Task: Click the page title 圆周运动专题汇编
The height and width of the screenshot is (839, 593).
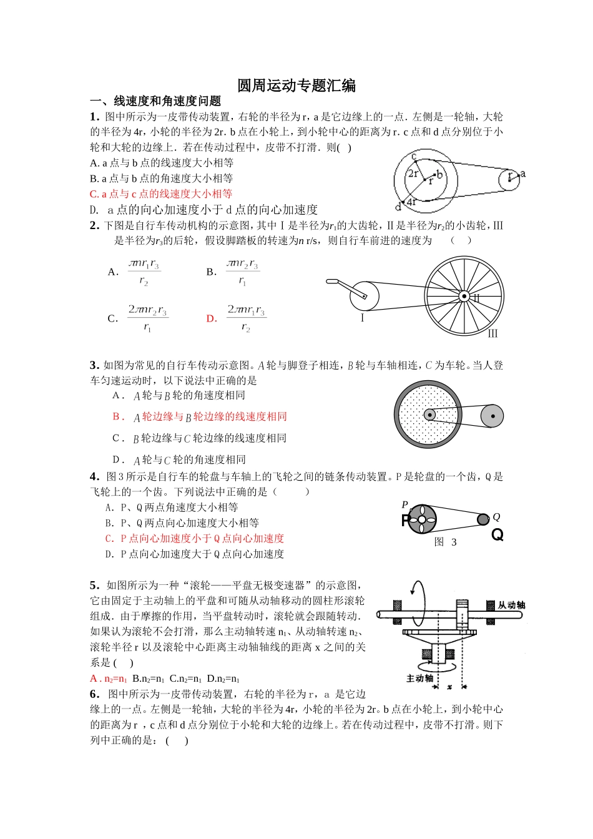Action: [x=296, y=86]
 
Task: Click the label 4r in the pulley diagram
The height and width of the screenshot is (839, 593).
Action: [x=411, y=202]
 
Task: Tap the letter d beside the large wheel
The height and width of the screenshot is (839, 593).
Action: [x=398, y=207]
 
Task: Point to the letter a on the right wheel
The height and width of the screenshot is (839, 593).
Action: [x=523, y=174]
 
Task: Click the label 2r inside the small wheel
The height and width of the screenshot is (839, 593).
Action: [x=413, y=174]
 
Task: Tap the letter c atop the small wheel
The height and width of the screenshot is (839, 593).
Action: [x=414, y=156]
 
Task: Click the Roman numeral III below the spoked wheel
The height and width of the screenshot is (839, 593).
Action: [x=493, y=334]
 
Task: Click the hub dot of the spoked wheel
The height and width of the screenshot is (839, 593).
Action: [x=464, y=296]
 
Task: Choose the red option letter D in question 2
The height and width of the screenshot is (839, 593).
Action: [x=212, y=318]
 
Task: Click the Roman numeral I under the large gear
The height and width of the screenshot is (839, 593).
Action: [x=362, y=318]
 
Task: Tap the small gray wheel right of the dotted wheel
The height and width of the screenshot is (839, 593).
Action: [x=491, y=416]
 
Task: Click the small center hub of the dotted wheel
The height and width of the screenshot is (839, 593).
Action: [x=429, y=415]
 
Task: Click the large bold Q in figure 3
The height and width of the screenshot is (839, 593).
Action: [x=497, y=535]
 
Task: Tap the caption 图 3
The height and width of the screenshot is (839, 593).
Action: [x=446, y=542]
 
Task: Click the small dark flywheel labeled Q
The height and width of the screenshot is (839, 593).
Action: [x=483, y=519]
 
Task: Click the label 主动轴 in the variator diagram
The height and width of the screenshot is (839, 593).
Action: [x=419, y=678]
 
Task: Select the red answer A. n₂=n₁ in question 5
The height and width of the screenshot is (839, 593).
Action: [x=109, y=679]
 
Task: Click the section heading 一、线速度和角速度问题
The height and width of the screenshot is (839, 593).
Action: [x=155, y=101]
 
